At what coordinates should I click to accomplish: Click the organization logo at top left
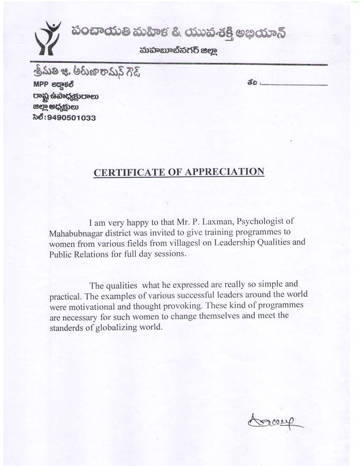tap(48, 37)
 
